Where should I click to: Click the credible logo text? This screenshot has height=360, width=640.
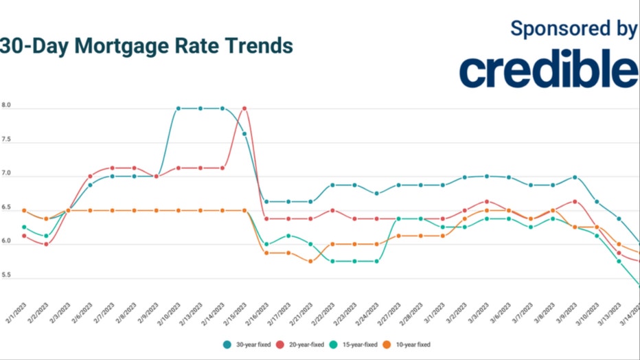click(548, 70)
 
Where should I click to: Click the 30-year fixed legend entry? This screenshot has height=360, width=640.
click(248, 344)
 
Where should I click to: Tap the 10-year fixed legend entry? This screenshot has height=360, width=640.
click(407, 344)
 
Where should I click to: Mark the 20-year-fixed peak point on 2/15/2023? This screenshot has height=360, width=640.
click(244, 108)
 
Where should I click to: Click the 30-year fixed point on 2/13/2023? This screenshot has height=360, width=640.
click(201, 108)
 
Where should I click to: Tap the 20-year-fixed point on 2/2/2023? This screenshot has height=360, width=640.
click(46, 244)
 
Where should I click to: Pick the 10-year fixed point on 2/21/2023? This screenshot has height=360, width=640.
click(310, 261)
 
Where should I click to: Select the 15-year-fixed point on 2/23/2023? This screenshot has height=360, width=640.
click(354, 261)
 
